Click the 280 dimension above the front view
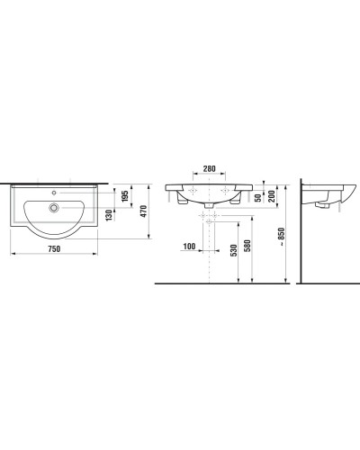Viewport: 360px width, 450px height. [209, 168]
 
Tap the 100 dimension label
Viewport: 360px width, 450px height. [188, 246]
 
